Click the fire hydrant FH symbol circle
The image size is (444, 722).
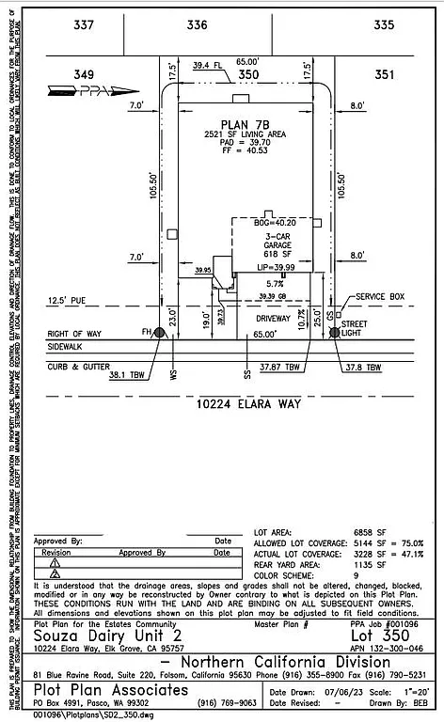tap(159, 333)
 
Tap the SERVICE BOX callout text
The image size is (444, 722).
tap(381, 296)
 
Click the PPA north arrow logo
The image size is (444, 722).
tap(91, 90)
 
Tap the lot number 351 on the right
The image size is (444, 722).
tap(385, 73)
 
